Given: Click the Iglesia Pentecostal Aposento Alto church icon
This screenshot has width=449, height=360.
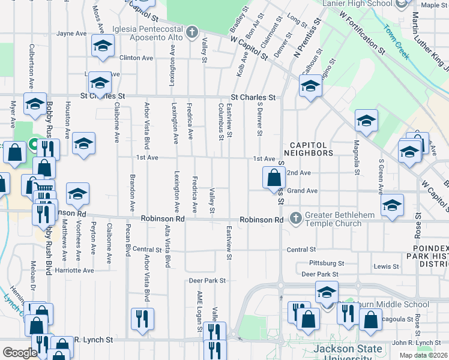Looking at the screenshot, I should tap(192, 32).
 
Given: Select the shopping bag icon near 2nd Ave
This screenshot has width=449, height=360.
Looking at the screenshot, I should tap(274, 178).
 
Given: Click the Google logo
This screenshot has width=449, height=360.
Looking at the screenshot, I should tap(20, 352).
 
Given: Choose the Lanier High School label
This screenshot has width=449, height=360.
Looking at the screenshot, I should tap(359, 4).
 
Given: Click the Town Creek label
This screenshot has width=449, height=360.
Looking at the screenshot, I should tap(397, 41).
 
